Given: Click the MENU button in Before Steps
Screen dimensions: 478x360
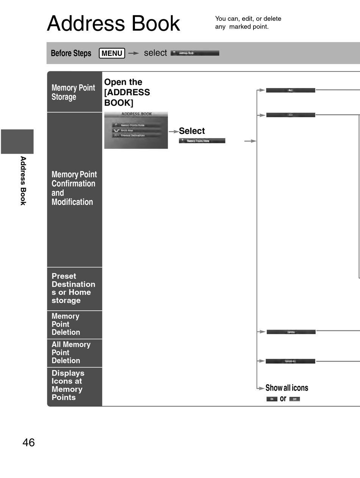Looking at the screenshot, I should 112,53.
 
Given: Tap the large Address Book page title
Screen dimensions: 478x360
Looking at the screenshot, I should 113,24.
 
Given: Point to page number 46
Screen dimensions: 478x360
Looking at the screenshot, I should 28,442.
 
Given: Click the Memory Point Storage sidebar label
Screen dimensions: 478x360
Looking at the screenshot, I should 73,92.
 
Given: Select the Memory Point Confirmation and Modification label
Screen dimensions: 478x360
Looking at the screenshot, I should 74,188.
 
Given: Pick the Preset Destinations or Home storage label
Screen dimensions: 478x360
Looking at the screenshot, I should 73,288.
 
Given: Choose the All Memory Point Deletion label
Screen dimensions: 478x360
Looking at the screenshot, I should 71,352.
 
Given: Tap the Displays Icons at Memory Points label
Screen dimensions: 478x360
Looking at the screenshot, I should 68,385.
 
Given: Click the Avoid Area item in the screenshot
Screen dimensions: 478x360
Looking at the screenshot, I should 127,130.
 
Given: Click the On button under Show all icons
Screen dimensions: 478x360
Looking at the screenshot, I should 272,399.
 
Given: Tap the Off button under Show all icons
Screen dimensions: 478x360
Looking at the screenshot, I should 294,399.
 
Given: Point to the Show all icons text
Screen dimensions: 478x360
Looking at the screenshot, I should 286,388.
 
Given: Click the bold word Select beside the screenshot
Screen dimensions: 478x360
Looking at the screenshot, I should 192,131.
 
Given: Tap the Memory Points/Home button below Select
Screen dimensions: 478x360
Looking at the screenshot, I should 202,141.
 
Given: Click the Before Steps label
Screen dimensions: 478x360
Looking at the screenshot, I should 71,53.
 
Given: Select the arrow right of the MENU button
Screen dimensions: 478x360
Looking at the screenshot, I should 133,53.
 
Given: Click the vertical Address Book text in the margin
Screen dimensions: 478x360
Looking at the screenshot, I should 23,181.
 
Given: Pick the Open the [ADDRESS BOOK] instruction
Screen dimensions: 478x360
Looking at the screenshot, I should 127,92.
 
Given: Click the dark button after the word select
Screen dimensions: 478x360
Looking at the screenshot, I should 195,53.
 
